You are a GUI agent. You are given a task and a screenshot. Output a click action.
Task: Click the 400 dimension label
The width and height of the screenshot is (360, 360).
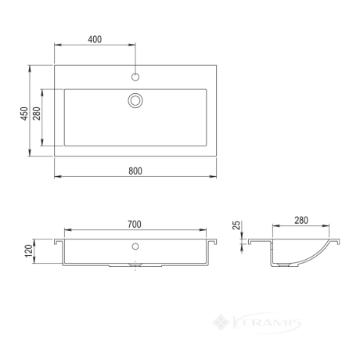[x=95, y=39]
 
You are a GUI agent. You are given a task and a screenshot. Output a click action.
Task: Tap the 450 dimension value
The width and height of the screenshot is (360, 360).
[x=24, y=113]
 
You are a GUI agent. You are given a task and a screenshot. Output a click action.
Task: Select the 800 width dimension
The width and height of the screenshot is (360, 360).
[x=135, y=171]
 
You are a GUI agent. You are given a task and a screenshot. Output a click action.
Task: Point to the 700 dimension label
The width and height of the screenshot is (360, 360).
[x=135, y=224]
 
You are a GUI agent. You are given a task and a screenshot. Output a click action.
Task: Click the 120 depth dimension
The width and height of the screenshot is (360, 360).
[x=29, y=251]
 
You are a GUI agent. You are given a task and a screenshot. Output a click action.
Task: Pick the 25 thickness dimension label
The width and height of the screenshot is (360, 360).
[x=236, y=225]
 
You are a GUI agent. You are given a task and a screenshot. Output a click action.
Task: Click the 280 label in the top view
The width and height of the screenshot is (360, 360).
[x=37, y=113]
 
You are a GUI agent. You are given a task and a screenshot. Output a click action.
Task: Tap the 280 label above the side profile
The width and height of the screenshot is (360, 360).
[x=301, y=221]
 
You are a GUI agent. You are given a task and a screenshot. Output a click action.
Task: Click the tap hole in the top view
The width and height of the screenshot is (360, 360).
[x=135, y=77]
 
